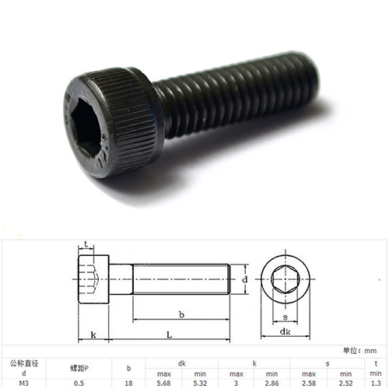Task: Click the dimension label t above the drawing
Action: pyautogui.click(x=86, y=244)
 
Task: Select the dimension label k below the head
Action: pyautogui.click(x=93, y=335)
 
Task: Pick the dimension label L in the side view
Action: pyautogui.click(x=169, y=335)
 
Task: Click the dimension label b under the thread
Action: pyautogui.click(x=181, y=314)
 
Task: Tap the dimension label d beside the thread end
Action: pyautogui.click(x=245, y=279)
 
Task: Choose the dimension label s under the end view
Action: pyautogui.click(x=286, y=317)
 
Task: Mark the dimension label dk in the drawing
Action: pyautogui.click(x=285, y=331)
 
